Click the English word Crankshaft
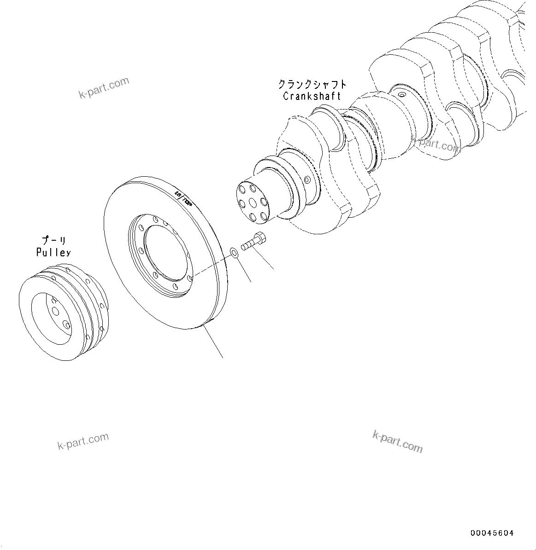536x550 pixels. pyautogui.click(x=312, y=96)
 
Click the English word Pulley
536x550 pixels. pyautogui.click(x=53, y=252)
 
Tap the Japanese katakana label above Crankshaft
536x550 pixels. pyautogui.click(x=312, y=85)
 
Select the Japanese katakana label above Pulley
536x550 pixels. pyautogui.click(x=54, y=241)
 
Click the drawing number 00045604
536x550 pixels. pyautogui.click(x=491, y=533)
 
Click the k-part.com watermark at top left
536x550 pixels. pyautogui.click(x=104, y=88)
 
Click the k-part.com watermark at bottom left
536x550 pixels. pyautogui.click(x=83, y=441)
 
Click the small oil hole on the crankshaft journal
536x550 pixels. pyautogui.click(x=402, y=95)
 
